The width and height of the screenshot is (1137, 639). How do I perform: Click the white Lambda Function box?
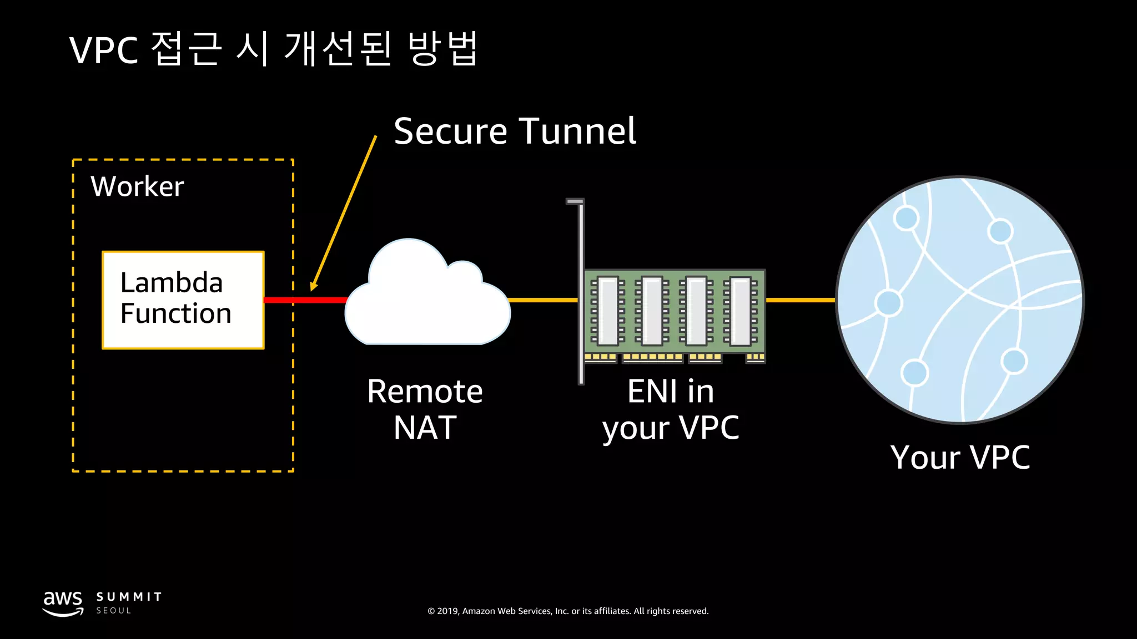click(x=183, y=300)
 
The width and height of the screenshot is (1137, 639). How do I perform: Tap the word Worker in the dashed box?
click(x=137, y=186)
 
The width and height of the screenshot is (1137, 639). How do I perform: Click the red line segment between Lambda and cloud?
click(x=305, y=300)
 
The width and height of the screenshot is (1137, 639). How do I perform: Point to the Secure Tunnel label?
click(x=515, y=131)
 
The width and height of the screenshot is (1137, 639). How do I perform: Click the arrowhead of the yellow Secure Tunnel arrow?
click(x=314, y=285)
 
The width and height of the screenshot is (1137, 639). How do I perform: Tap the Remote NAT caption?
click(x=425, y=409)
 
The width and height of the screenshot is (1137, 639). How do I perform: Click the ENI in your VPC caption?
click(x=671, y=409)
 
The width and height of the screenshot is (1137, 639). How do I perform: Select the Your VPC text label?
click(x=960, y=458)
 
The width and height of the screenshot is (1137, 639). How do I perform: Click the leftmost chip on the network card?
click(x=607, y=311)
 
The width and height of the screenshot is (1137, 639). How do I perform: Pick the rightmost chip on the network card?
click(x=741, y=311)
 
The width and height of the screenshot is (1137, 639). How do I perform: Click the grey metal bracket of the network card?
click(x=581, y=288)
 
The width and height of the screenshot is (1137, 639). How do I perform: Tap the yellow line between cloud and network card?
click(x=543, y=300)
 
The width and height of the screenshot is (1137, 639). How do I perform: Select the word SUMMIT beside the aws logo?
click(x=129, y=597)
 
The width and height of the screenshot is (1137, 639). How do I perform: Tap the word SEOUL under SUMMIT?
click(x=114, y=611)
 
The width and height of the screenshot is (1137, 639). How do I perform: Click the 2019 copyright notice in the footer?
click(x=568, y=611)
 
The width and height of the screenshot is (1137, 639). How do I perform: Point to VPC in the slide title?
click(x=104, y=50)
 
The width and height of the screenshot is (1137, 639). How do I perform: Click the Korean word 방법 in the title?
click(x=442, y=49)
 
